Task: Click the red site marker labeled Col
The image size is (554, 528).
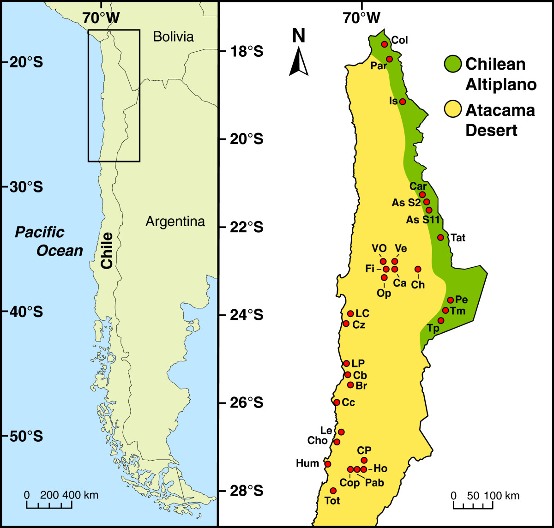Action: [x=384, y=44]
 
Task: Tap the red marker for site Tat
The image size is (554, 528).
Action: [x=440, y=237]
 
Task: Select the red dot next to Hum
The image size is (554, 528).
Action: [x=328, y=464]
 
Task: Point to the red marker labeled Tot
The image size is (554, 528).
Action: [x=333, y=491]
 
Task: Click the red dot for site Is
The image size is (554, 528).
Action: [x=403, y=102]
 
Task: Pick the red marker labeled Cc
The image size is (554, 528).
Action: [x=337, y=402]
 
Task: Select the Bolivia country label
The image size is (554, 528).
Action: [x=173, y=37]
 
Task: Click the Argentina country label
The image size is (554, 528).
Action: [x=175, y=222]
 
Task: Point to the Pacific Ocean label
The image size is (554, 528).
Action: [x=49, y=241]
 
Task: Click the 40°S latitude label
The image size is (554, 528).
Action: [x=23, y=312]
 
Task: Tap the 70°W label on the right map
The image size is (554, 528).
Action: [x=361, y=18]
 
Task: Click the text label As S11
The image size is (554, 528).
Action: [x=422, y=220]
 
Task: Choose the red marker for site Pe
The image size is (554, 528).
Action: [x=451, y=300]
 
